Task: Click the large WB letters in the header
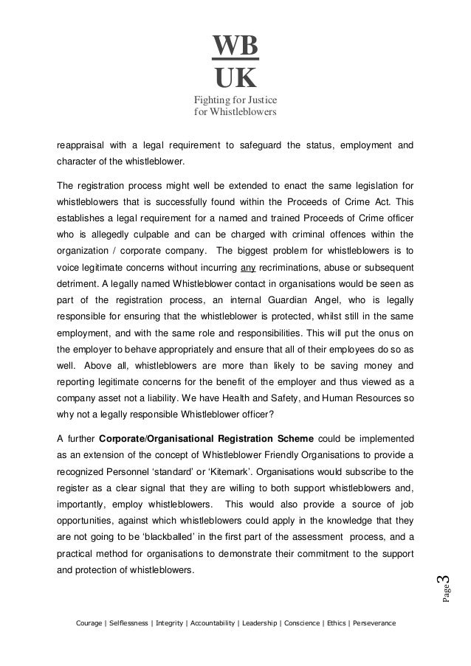tap(236, 46)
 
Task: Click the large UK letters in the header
tap(236, 76)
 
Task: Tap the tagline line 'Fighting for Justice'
tap(235, 101)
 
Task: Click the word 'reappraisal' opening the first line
tap(82, 143)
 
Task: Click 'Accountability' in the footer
tap(214, 623)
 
